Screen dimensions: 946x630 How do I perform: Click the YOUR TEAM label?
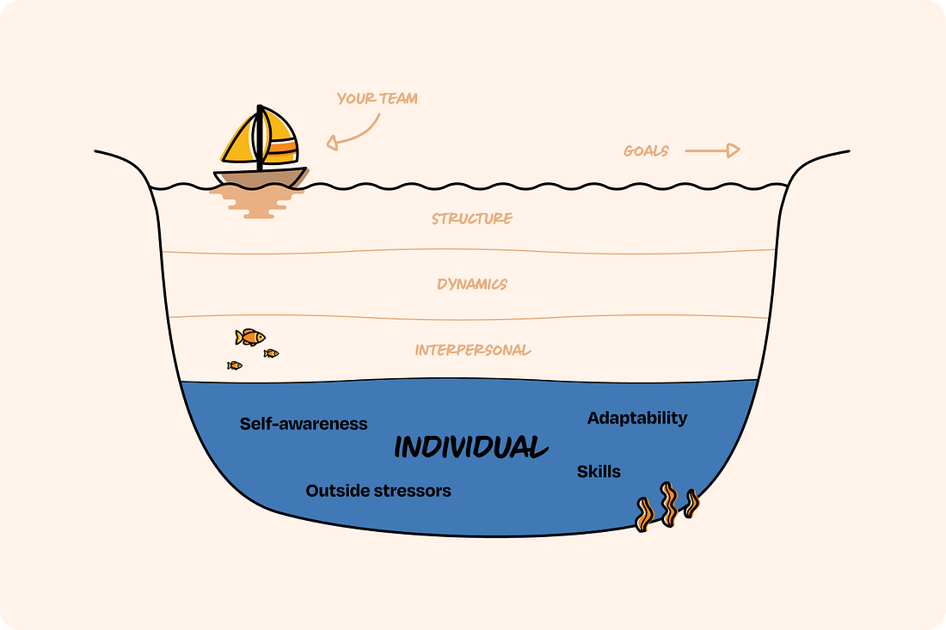tap(377, 99)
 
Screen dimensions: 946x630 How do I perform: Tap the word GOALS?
tap(646, 151)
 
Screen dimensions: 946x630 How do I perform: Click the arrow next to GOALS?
tap(712, 150)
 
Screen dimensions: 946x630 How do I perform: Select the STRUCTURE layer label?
tap(472, 218)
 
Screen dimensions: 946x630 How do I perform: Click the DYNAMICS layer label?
tap(472, 284)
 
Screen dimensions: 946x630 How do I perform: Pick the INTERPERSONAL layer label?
tap(473, 350)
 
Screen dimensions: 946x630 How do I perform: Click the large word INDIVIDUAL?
tap(470, 447)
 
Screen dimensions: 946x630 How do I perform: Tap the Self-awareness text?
tap(304, 424)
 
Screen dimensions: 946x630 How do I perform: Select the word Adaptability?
tap(637, 418)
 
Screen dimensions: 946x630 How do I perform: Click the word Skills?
tap(599, 471)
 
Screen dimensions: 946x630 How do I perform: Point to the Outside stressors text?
tap(378, 491)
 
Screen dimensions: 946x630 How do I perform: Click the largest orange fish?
tap(250, 337)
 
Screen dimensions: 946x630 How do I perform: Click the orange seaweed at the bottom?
tap(666, 506)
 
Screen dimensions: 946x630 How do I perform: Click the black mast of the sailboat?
tap(260, 138)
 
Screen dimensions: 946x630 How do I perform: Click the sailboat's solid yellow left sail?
tap(239, 143)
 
